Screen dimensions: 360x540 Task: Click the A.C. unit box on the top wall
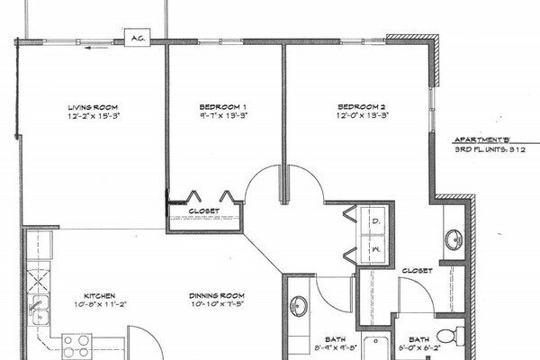138,39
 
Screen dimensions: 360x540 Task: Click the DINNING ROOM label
216,295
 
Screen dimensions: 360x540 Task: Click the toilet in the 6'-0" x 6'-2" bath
457,337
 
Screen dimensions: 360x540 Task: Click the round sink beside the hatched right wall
454,239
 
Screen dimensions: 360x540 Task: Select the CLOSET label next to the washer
417,270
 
